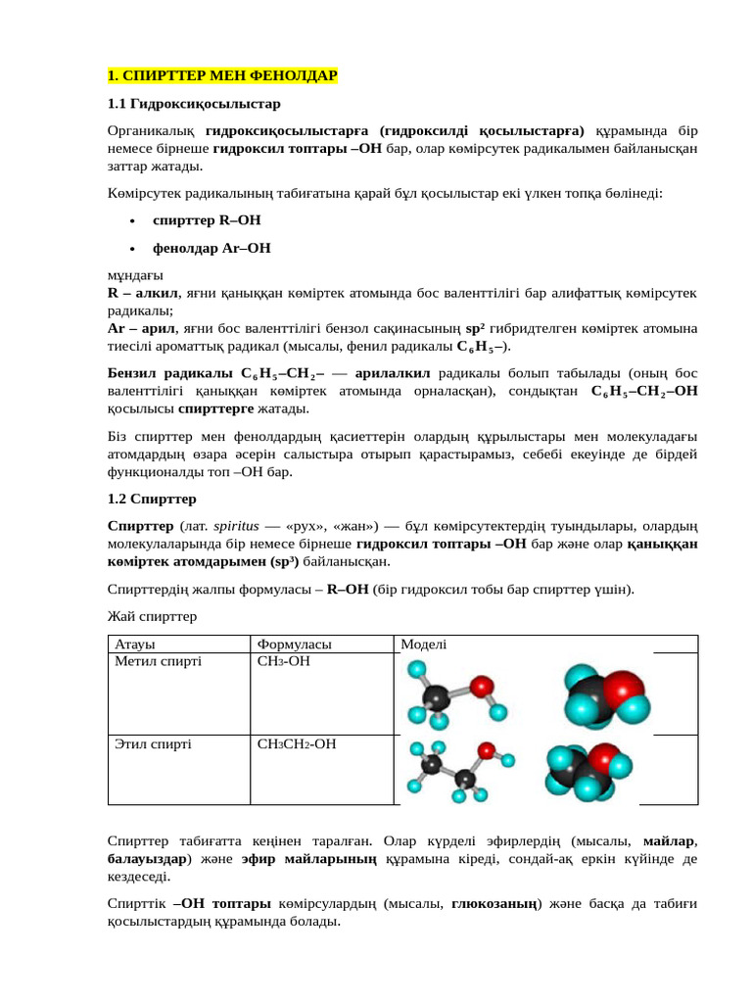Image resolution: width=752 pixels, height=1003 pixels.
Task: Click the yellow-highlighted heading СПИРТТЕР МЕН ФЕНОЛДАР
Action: (222, 75)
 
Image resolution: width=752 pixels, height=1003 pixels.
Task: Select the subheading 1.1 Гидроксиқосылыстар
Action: (194, 103)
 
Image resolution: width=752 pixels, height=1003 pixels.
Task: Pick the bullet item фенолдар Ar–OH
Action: (211, 248)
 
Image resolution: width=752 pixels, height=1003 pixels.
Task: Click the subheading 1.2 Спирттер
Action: (152, 499)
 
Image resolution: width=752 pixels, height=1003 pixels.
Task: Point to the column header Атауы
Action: (136, 645)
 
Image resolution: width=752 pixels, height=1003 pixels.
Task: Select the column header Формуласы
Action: (294, 645)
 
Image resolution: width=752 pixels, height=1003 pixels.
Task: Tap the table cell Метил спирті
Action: (159, 662)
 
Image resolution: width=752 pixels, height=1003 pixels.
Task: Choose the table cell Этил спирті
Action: (154, 744)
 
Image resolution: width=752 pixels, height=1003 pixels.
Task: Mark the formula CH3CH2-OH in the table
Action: (297, 744)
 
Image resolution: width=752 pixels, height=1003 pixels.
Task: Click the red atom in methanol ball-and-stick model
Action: (481, 687)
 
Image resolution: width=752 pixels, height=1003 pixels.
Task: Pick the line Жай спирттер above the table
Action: (152, 616)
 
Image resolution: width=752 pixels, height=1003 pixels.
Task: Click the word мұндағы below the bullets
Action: (135, 274)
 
